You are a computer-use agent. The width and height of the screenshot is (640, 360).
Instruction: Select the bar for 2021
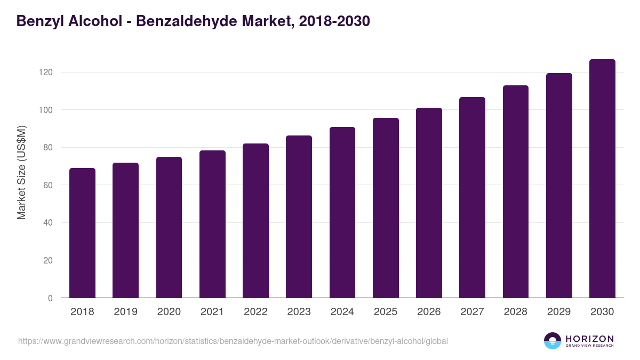coord(212,224)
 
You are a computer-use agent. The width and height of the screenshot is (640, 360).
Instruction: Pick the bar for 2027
coord(472,197)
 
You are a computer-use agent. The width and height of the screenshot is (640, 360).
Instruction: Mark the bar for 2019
coord(125,230)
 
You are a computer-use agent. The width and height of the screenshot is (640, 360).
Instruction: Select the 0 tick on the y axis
coord(51,298)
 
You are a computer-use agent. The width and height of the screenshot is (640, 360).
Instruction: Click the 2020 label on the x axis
coord(169,312)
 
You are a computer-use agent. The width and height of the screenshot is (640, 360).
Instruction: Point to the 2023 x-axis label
coord(299,312)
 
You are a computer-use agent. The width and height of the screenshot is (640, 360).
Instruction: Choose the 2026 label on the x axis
coord(429,312)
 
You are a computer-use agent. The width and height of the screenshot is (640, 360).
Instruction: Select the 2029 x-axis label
coord(559,312)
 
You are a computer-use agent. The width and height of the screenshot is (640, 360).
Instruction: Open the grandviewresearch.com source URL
coord(233,341)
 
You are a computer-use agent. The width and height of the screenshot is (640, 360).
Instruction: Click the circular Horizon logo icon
coord(553,341)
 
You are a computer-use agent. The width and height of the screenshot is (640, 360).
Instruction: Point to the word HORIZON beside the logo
coord(589,338)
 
